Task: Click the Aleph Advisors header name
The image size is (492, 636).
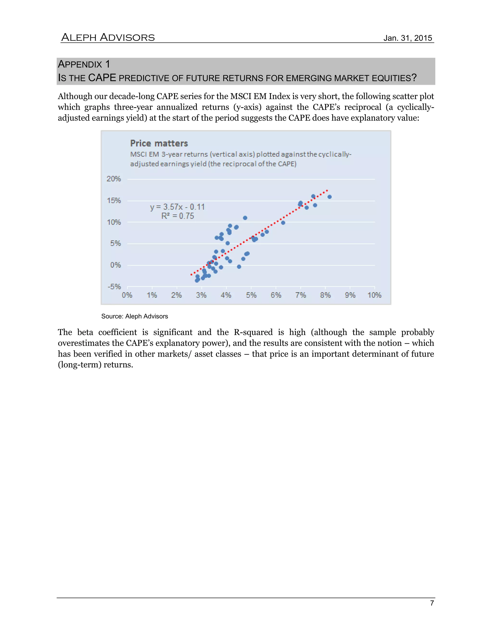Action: click(108, 38)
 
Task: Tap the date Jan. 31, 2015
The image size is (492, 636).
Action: click(407, 38)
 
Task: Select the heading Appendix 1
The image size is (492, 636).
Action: click(84, 64)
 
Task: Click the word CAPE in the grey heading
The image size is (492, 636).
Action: click(102, 78)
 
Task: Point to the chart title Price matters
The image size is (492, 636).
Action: click(159, 143)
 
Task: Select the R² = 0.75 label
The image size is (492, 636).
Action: click(178, 216)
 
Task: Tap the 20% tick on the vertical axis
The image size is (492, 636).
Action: click(114, 179)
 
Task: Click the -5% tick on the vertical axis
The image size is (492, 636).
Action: click(114, 287)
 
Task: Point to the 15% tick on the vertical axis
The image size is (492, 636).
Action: click(114, 201)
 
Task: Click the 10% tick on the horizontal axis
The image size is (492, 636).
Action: click(374, 295)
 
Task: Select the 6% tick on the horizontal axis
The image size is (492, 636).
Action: click(276, 295)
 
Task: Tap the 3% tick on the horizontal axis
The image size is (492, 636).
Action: click(201, 295)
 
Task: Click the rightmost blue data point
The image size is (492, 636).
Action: click(330, 197)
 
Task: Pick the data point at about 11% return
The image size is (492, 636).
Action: click(245, 218)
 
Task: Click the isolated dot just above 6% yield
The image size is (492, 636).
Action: click(283, 223)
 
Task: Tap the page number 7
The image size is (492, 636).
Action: click(432, 603)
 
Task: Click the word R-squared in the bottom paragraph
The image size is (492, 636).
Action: click(253, 332)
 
